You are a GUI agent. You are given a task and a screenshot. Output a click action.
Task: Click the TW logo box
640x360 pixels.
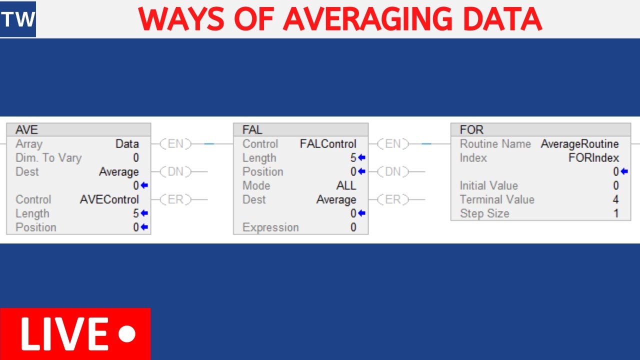pos(18,19)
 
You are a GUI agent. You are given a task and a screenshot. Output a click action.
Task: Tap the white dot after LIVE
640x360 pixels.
pos(128,334)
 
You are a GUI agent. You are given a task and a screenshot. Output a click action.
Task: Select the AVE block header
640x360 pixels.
pos(78,129)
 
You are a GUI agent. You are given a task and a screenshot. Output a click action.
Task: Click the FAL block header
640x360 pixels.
pos(300,129)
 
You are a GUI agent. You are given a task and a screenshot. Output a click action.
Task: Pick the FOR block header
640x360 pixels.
pos(540,129)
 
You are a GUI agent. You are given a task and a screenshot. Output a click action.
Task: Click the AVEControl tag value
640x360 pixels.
pos(109,199)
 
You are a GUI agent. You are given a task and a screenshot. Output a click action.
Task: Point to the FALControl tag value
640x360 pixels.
pos(328,144)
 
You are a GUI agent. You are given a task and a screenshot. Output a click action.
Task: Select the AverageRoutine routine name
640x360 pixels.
pos(579,144)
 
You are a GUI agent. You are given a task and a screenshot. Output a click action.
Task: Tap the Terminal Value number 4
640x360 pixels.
pos(615,199)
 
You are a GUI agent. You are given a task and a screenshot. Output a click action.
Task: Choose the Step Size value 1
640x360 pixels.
pos(616,213)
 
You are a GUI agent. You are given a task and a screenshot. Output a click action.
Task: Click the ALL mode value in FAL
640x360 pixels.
pos(346,185)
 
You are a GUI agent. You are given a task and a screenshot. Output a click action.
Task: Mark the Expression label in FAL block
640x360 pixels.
pos(270,227)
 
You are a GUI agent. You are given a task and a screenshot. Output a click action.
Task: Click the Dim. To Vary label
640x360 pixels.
pos(48,158)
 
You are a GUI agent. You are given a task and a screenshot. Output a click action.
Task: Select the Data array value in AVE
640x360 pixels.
pos(127,144)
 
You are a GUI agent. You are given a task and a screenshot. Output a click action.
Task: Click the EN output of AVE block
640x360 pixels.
pos(175,144)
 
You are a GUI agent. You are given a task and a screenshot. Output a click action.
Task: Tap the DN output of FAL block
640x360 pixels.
pos(393,172)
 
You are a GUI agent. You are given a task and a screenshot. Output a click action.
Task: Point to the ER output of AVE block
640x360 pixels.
pos(175,199)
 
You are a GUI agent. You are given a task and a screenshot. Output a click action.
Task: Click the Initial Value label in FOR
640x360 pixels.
pos(488,185)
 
